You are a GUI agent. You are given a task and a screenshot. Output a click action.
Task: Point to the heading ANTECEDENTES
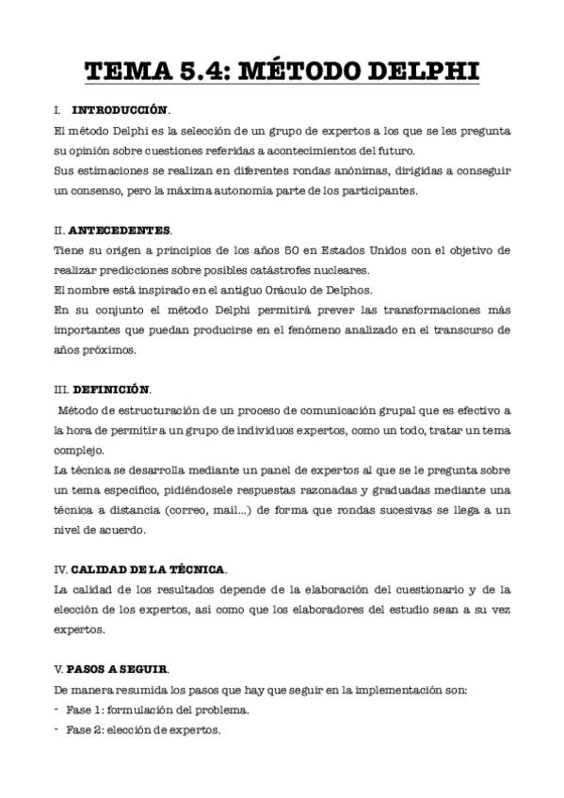pyautogui.click(x=120, y=230)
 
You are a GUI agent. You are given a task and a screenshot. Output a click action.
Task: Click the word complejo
pyautogui.click(x=78, y=450)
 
